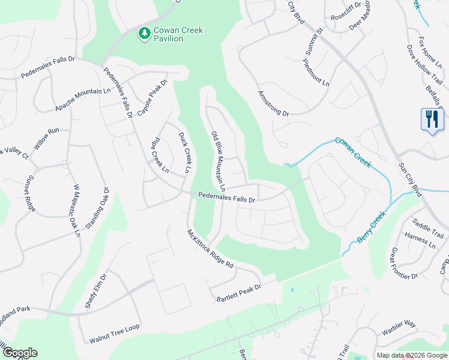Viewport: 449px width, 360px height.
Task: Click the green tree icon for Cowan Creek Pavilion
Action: click(x=144, y=34)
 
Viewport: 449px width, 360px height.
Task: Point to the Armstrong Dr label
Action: click(x=273, y=104)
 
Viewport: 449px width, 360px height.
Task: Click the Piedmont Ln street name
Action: click(x=316, y=73)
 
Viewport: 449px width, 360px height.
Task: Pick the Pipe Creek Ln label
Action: click(x=160, y=158)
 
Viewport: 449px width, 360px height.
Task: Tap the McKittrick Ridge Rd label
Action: click(x=209, y=249)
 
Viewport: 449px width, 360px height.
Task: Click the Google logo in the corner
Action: click(x=19, y=353)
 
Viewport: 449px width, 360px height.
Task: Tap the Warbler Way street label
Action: click(x=399, y=324)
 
